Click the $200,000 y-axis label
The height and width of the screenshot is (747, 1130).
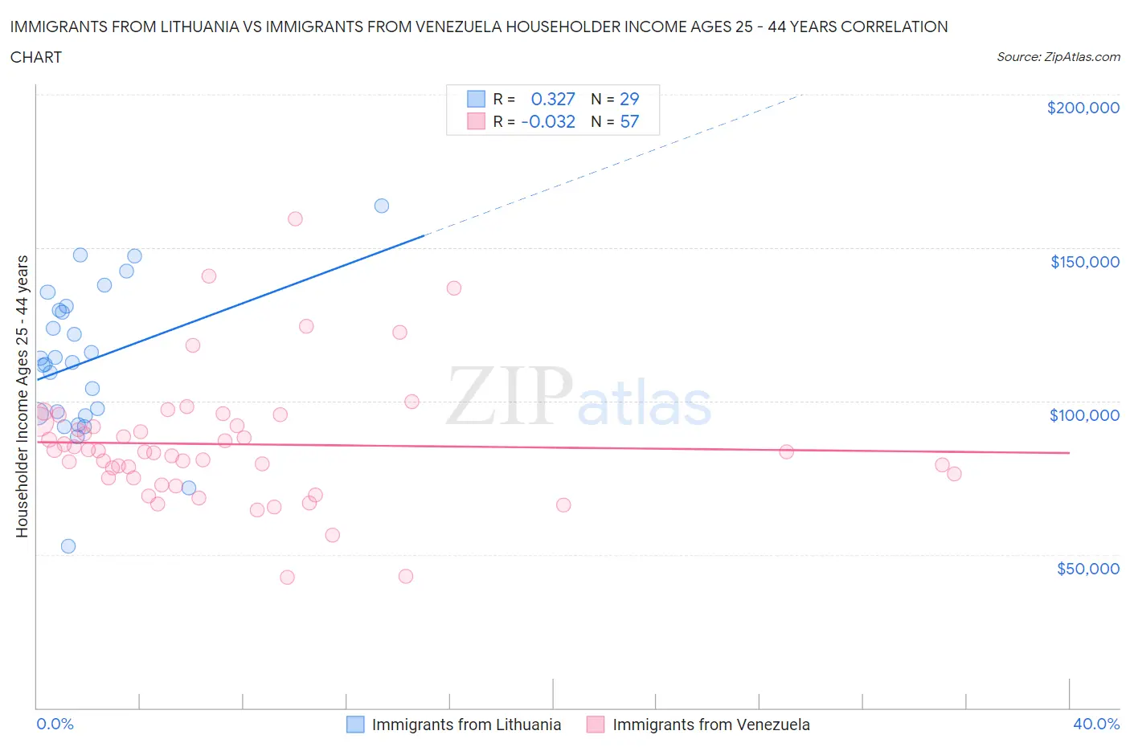[1083, 108]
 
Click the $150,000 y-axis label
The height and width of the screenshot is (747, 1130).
[1084, 262]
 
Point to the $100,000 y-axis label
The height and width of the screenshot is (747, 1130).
[1084, 415]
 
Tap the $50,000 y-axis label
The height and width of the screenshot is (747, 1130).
[1087, 569]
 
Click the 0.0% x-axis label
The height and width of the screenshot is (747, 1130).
[55, 724]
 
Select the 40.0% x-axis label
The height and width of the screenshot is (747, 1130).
[1096, 724]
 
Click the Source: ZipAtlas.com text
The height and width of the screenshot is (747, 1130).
[1058, 57]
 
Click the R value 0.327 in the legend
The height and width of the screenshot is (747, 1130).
[553, 99]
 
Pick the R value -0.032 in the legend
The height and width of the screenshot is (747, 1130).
[548, 121]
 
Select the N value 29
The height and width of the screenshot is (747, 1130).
[629, 99]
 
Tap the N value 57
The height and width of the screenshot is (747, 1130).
[629, 121]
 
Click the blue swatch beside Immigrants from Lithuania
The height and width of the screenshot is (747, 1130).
[355, 725]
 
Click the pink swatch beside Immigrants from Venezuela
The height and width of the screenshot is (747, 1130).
[596, 725]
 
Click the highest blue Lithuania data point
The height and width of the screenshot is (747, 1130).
[382, 206]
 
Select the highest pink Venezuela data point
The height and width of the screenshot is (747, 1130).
[295, 218]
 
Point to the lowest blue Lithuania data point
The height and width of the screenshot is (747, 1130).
[68, 546]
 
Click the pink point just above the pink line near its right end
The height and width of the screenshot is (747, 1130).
[787, 451]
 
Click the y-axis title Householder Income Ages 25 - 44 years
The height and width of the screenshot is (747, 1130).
[23, 396]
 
